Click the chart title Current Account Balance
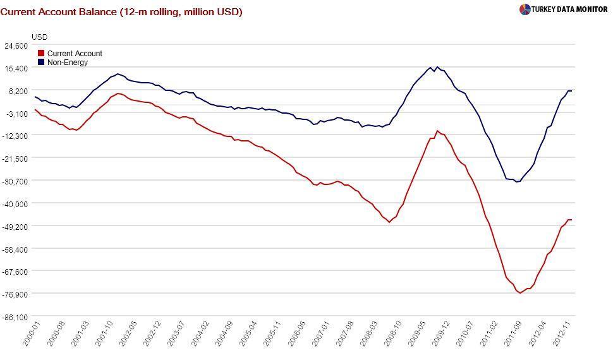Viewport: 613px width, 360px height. [121, 11]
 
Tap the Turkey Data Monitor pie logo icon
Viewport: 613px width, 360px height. [525, 9]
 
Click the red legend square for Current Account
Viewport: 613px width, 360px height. [42, 54]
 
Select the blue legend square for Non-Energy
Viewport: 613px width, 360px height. [42, 63]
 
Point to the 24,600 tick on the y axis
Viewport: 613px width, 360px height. [16, 45]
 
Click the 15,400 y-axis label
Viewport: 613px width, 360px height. [16, 68]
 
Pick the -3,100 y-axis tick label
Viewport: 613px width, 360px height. [16, 113]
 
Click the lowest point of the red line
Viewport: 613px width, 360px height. [521, 293]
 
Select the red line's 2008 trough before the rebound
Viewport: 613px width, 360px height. [389, 222]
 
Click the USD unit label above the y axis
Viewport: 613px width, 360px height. [39, 37]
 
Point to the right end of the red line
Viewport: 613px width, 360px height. [571, 220]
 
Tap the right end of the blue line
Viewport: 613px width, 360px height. [571, 91]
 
